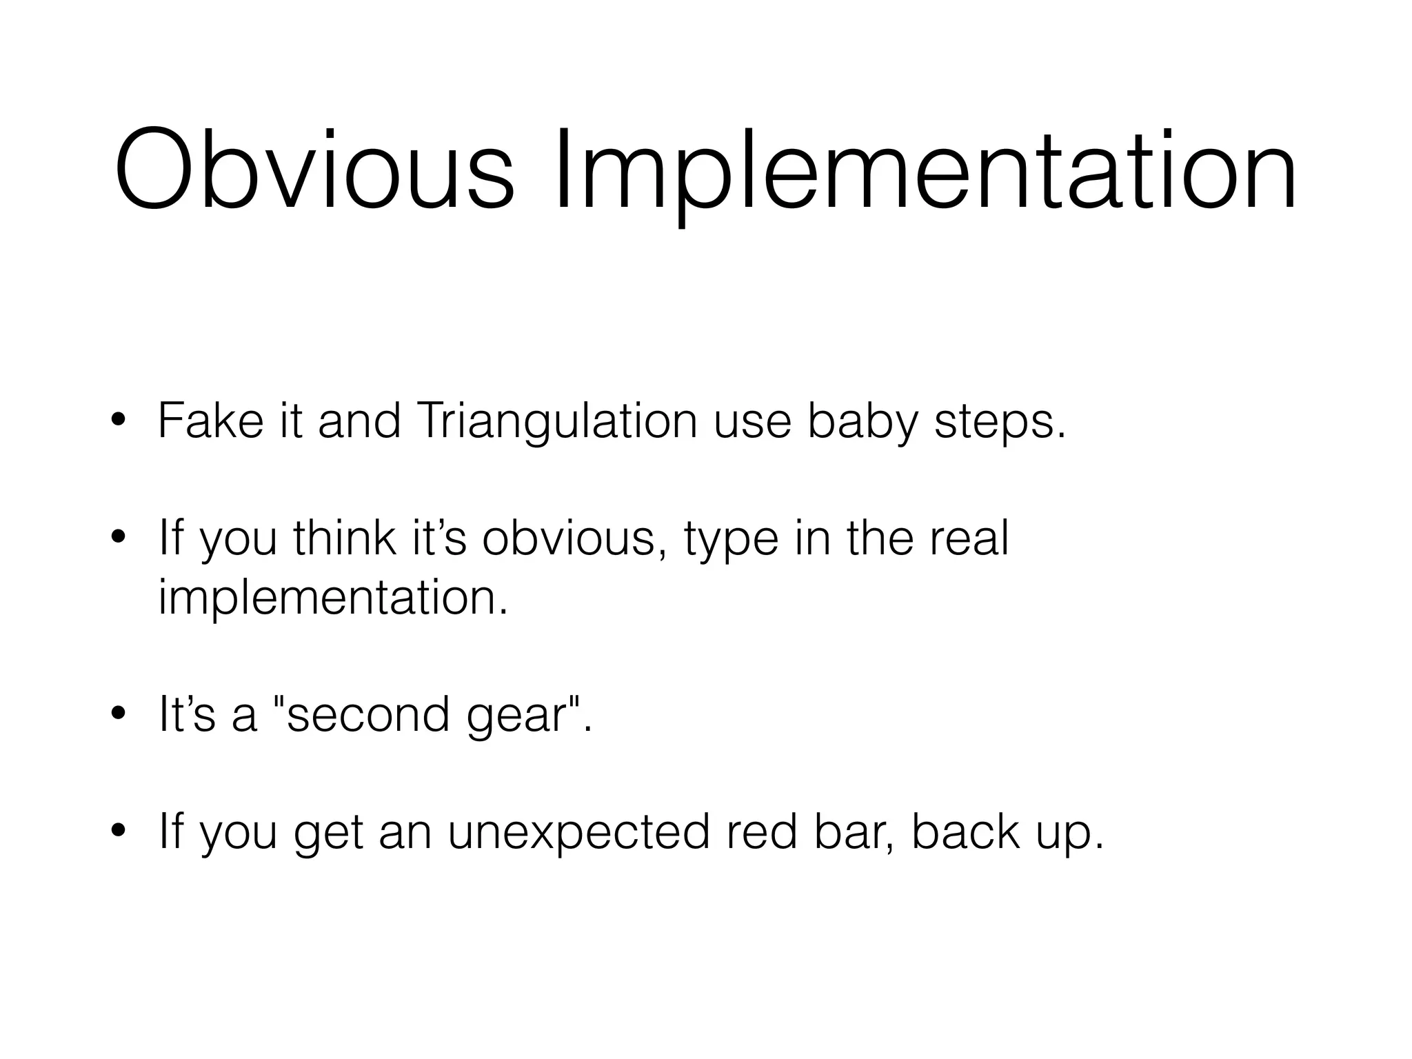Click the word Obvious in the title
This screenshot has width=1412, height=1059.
tap(314, 170)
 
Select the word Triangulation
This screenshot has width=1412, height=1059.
tap(557, 423)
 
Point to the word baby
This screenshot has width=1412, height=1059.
tap(863, 423)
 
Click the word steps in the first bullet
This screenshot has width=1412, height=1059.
tap(998, 423)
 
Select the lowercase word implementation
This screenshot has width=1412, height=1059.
tap(332, 598)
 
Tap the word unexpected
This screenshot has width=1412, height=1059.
tap(579, 833)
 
